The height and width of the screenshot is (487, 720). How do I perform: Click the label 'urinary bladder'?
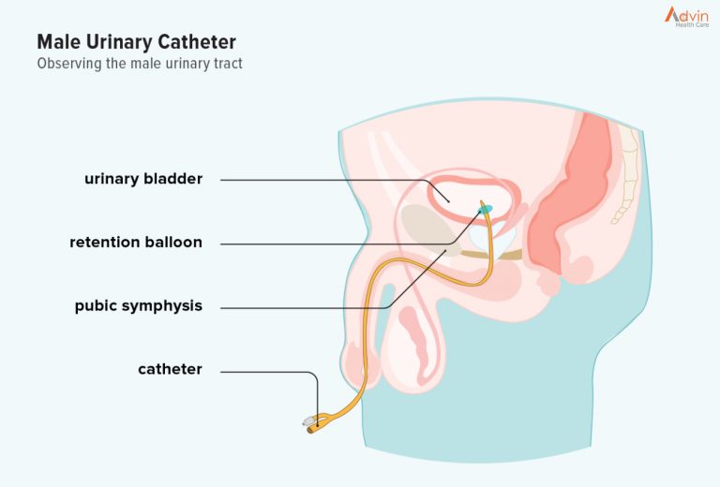click(x=143, y=179)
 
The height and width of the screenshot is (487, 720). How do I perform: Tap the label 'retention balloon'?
click(x=136, y=243)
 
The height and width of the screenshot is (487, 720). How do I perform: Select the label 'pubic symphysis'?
click(x=138, y=306)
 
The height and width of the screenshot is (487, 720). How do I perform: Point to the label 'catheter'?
click(x=170, y=369)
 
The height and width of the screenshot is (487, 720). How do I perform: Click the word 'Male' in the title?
click(x=59, y=42)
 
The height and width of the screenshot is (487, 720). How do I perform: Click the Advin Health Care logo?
click(x=686, y=17)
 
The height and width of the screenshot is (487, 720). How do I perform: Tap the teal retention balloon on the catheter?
click(x=486, y=210)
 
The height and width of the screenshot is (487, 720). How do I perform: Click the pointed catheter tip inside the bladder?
click(x=482, y=201)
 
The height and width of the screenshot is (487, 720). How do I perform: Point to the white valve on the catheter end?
click(x=308, y=421)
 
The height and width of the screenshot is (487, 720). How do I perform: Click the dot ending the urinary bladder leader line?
click(x=449, y=200)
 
